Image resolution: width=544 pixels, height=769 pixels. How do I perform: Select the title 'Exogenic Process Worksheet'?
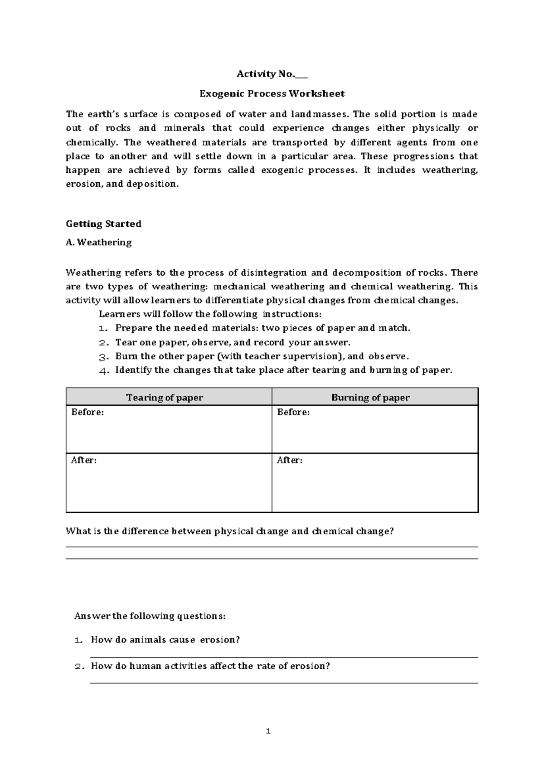(x=272, y=94)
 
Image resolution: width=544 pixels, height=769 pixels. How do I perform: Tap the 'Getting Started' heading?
(x=103, y=224)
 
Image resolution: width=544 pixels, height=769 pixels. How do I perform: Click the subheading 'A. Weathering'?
(x=98, y=243)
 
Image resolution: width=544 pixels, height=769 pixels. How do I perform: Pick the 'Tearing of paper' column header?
(x=165, y=398)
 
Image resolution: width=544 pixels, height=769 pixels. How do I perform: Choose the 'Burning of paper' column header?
(x=370, y=398)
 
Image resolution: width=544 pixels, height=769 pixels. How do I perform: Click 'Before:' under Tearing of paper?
(x=87, y=412)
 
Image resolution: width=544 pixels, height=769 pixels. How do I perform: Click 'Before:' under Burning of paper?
(x=293, y=412)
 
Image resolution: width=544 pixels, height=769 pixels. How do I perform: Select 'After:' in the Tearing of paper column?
(x=84, y=460)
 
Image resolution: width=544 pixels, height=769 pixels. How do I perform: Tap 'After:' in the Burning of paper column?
(x=290, y=460)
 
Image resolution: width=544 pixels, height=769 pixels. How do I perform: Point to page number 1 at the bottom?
(x=268, y=731)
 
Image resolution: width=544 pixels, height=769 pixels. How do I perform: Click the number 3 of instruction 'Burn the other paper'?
(x=103, y=357)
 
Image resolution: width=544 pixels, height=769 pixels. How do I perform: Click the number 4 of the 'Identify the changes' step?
(x=103, y=370)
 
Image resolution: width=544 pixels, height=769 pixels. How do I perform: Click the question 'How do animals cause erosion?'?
(x=165, y=640)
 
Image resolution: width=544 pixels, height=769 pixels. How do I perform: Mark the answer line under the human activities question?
(x=284, y=682)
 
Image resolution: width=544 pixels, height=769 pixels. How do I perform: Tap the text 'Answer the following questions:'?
(x=150, y=616)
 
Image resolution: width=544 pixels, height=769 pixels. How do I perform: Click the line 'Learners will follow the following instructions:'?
(x=210, y=314)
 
